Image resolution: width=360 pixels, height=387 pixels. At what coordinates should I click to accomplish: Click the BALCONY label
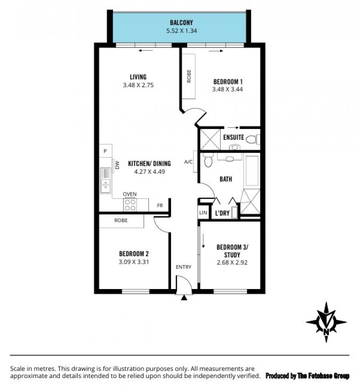(181, 23)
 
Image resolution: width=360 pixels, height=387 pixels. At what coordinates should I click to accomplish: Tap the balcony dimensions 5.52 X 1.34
(181, 31)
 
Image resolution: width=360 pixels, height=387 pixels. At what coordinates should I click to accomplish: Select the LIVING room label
(138, 77)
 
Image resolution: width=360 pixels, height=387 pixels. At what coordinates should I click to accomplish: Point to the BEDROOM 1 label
(228, 82)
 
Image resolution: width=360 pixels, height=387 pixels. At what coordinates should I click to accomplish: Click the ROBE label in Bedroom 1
(189, 76)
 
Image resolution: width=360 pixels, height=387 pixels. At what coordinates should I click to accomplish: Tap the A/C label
(188, 162)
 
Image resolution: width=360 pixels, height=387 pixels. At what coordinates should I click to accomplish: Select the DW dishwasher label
(117, 165)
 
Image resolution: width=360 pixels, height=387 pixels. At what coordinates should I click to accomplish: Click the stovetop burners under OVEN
(130, 205)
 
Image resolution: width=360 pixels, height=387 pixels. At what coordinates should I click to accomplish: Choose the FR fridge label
(160, 205)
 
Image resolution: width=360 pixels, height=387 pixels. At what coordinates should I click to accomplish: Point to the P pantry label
(105, 151)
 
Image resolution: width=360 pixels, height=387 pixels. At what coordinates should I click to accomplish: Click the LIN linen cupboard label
(203, 213)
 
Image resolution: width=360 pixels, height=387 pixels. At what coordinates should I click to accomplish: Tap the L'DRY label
(222, 213)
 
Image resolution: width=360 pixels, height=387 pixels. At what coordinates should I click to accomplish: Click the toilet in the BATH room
(208, 160)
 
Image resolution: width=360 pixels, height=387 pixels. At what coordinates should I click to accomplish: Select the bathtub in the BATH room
(252, 171)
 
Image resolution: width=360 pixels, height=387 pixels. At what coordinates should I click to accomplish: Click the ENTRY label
(184, 267)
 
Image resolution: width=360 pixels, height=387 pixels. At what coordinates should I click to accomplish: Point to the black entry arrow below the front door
(184, 298)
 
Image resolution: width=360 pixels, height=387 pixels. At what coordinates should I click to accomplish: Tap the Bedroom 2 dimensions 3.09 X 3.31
(134, 262)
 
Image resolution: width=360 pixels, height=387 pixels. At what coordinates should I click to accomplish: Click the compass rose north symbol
(326, 322)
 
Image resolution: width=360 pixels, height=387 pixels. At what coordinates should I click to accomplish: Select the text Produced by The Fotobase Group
(307, 376)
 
